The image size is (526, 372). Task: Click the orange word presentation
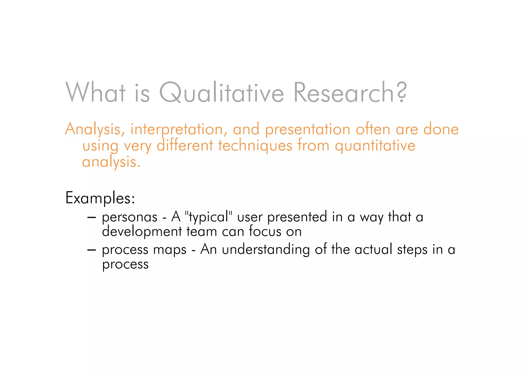click(x=307, y=130)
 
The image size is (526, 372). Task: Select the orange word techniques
click(x=255, y=146)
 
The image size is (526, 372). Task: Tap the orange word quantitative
click(x=375, y=146)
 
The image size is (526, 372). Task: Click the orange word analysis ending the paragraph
click(x=111, y=162)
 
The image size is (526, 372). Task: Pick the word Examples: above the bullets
click(x=100, y=198)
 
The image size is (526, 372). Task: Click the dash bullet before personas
click(x=91, y=217)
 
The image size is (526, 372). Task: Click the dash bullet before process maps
click(x=91, y=250)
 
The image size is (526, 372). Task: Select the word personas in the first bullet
click(x=130, y=217)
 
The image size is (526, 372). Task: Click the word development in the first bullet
click(x=142, y=231)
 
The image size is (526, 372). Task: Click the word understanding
click(x=266, y=250)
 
